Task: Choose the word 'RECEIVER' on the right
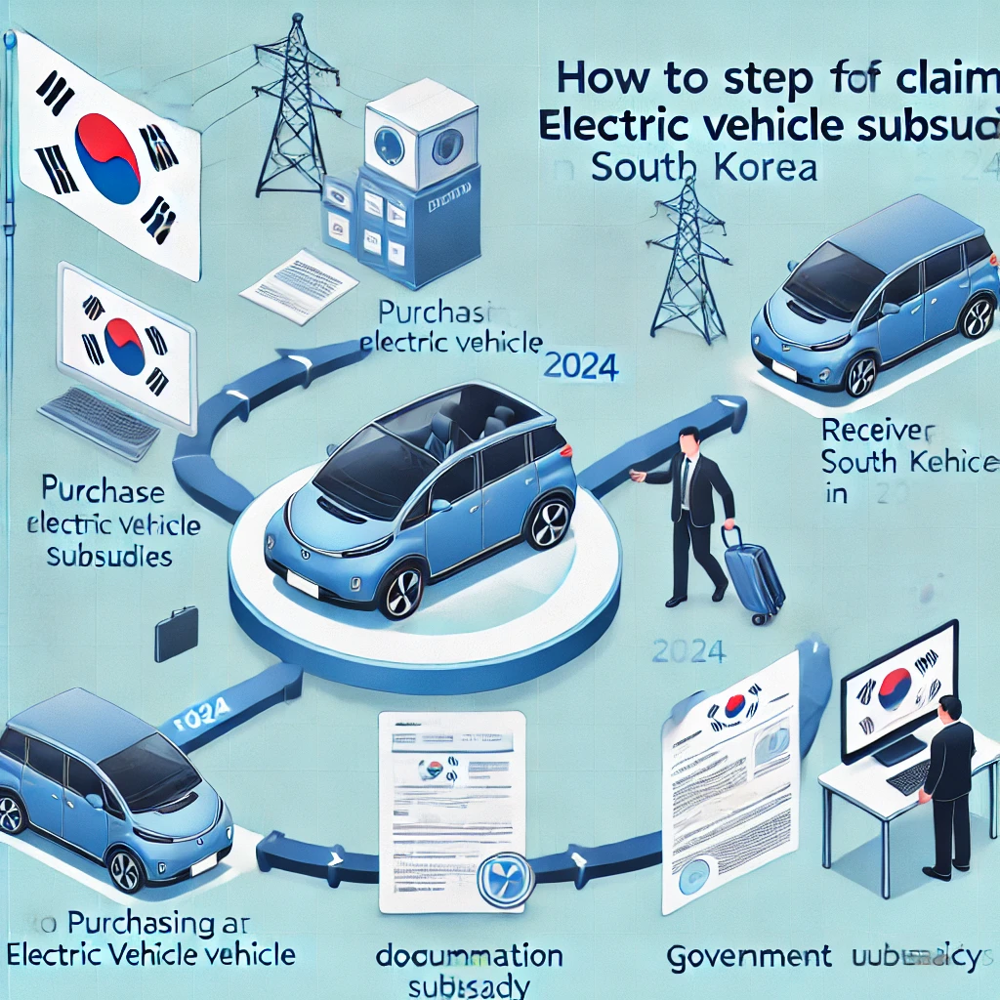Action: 878,430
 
